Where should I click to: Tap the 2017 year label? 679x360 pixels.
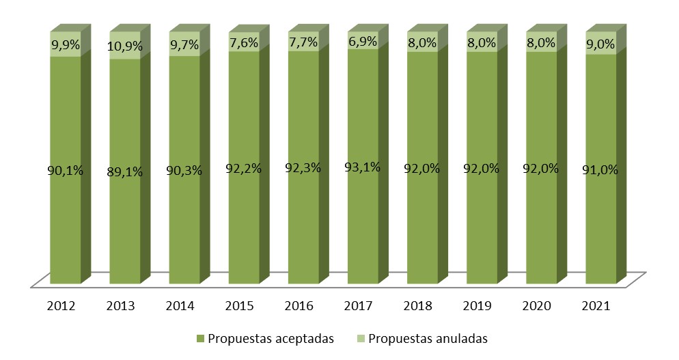tap(363, 305)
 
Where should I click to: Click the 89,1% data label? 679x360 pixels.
tap(125, 172)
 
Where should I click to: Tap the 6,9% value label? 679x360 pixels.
tap(363, 42)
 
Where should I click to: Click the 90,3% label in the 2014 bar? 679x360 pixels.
tap(184, 170)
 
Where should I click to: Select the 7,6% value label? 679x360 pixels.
tap(244, 43)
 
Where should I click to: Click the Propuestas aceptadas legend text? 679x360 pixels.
tap(271, 339)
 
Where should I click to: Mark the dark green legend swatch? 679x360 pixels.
tap(200, 339)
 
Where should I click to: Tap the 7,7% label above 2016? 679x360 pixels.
tap(303, 43)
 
